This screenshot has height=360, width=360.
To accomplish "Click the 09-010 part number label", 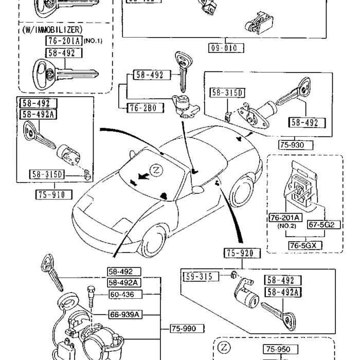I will pos(226,49).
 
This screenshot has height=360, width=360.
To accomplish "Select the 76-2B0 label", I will pos(141,107).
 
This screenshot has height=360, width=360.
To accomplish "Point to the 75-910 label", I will pos(53,194).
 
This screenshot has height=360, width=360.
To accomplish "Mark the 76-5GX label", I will pos(304,245).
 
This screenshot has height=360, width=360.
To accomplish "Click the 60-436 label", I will pos(125,295).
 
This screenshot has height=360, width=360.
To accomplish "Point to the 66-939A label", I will pos(124,314).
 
